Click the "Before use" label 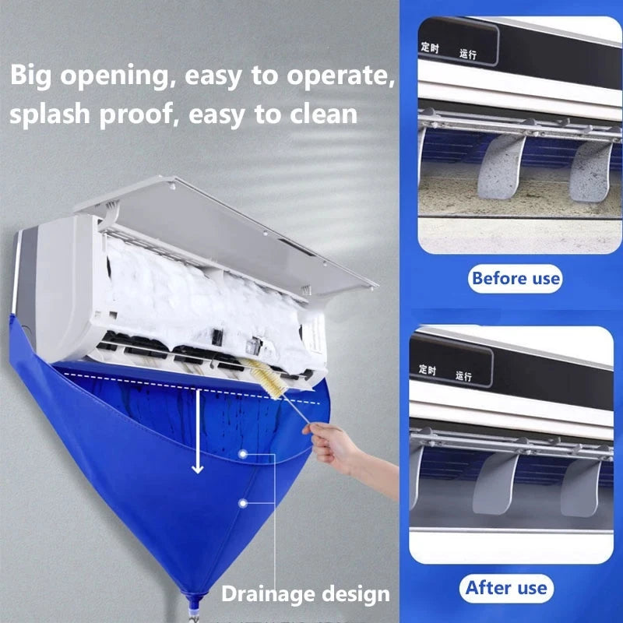coord(516,277)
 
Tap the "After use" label coord(506,587)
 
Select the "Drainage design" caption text coord(305,594)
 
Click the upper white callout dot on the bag coord(244,452)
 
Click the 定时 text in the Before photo coord(430,48)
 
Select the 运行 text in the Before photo coord(468,55)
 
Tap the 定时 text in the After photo coord(428,368)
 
